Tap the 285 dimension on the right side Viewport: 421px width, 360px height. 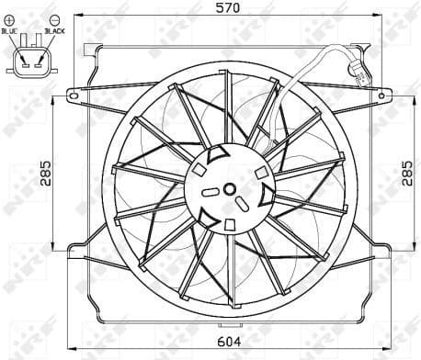click(x=407, y=171)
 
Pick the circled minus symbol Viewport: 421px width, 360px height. click(x=54, y=19)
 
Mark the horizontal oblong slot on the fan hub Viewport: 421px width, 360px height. click(x=210, y=191)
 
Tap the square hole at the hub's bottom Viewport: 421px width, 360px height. click(x=229, y=223)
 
